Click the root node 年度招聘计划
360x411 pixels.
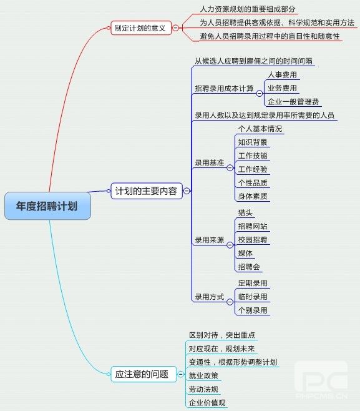coord(47,205)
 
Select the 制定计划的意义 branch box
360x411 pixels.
coord(141,27)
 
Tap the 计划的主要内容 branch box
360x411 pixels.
coord(147,191)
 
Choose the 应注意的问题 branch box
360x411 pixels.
coord(144,374)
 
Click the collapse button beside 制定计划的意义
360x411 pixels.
coord(175,27)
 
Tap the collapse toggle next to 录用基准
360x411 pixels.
coord(230,168)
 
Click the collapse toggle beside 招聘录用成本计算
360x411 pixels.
coord(259,93)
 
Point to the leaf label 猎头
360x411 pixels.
coord(245,212)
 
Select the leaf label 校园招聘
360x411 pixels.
coord(253,240)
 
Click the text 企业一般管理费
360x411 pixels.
coord(293,101)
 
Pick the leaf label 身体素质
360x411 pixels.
coord(253,196)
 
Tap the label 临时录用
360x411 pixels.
coord(253,297)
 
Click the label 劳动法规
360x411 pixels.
coord(203,389)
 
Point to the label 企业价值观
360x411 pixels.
coord(207,403)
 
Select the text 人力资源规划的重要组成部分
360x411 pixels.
coord(248,9)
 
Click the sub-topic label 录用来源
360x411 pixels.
coord(210,240)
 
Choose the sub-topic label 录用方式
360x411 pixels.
coord(210,297)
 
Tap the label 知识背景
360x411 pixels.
coord(253,142)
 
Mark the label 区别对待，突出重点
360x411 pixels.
coord(222,335)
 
